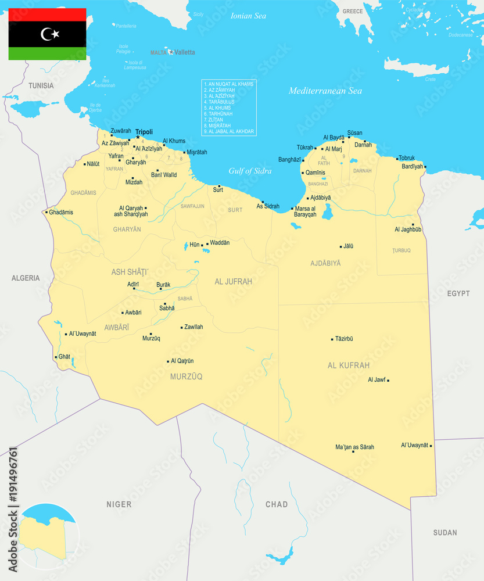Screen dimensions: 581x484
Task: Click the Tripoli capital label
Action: [x=144, y=132]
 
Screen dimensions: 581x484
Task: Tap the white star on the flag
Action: [x=55, y=34]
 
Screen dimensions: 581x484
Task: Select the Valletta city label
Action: [x=185, y=52]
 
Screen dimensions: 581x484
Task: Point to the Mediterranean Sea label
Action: [x=325, y=91]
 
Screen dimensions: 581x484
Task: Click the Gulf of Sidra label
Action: [x=250, y=171]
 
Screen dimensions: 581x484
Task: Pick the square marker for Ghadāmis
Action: [x=46, y=212]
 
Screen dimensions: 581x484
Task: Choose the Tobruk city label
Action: [x=407, y=157]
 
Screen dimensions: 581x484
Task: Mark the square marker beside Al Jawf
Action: [x=388, y=380]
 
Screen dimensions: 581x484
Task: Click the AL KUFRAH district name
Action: [x=349, y=365]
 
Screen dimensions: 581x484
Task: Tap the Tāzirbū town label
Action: [x=344, y=339]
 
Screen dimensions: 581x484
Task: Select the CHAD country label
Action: [x=277, y=504]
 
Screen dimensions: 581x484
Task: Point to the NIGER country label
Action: [x=119, y=504]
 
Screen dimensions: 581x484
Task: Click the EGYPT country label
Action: [x=458, y=293]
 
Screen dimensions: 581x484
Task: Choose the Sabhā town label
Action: [x=167, y=309]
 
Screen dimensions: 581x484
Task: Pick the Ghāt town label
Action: [x=64, y=357]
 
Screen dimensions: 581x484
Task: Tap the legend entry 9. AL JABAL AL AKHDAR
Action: [x=230, y=131]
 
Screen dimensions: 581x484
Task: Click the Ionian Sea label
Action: [x=248, y=16]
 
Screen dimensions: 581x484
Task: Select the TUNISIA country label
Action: [x=41, y=86]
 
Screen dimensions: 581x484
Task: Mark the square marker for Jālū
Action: [x=341, y=246]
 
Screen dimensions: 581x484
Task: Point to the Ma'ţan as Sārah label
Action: [x=355, y=447]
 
